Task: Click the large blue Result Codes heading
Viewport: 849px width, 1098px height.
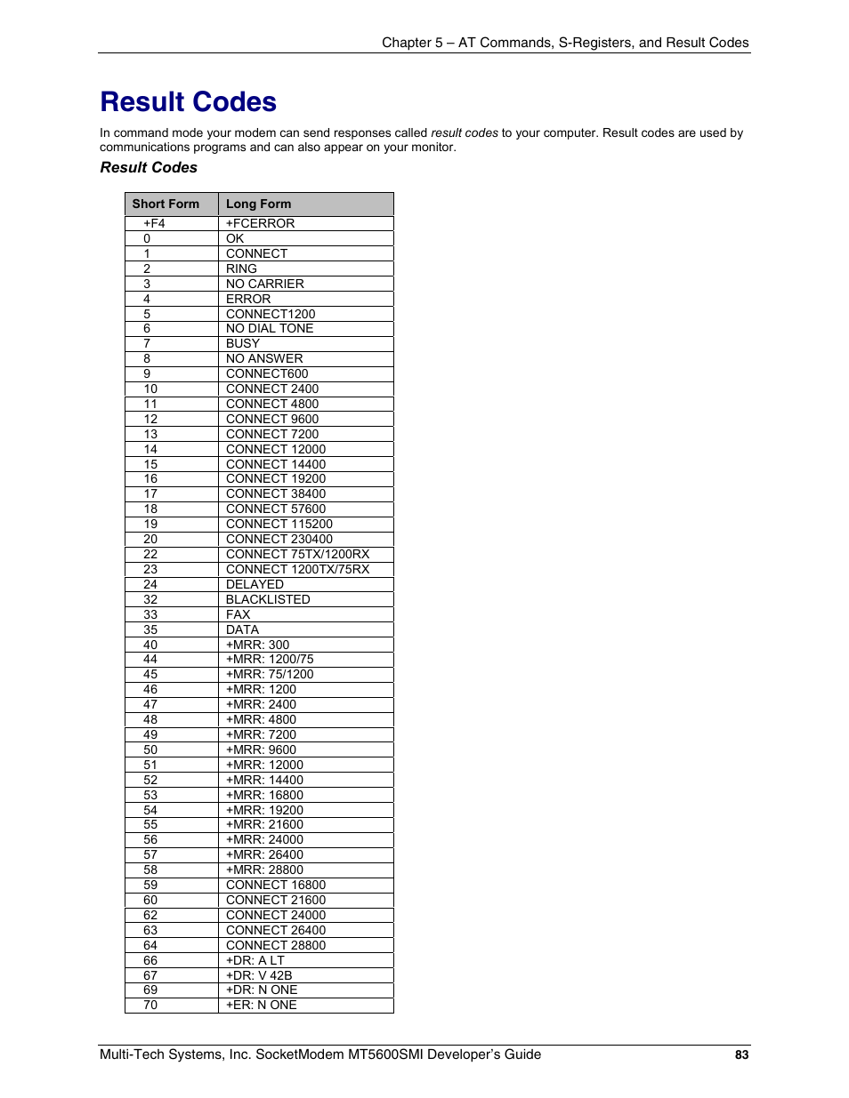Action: (x=188, y=102)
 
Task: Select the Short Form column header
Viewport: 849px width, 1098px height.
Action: (x=166, y=204)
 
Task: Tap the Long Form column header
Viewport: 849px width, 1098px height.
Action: (x=258, y=204)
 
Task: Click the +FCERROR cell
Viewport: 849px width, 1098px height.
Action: (x=260, y=223)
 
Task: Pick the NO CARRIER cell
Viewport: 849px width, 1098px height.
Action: (x=264, y=284)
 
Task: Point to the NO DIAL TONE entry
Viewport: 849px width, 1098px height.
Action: (x=270, y=328)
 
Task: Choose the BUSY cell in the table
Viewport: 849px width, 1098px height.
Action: (x=242, y=343)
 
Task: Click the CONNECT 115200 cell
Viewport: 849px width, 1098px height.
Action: (x=279, y=524)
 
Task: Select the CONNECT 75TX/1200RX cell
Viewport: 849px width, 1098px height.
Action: (x=297, y=554)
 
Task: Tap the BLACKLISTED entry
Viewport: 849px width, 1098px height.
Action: (x=268, y=599)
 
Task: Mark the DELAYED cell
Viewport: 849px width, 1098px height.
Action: (x=255, y=584)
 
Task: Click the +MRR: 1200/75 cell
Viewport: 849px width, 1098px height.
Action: (x=270, y=659)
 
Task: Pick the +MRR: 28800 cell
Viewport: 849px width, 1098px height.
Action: (x=264, y=870)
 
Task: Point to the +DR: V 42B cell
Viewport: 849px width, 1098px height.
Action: (x=259, y=975)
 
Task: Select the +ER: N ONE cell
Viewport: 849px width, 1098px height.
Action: (x=261, y=1005)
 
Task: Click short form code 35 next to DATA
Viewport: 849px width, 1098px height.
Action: (x=150, y=629)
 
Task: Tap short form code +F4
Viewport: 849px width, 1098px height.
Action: (x=154, y=223)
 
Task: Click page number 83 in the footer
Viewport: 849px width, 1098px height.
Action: (x=741, y=1055)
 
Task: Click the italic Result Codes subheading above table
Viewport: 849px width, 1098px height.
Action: (x=149, y=167)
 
